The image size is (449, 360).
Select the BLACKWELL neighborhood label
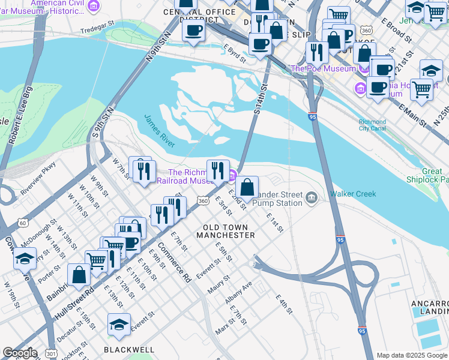[x=129, y=349]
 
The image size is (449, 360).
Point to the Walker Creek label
[x=352, y=194]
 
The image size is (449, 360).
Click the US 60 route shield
[x=23, y=223]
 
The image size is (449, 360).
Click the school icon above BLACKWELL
[x=119, y=325]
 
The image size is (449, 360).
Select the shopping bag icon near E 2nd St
[x=247, y=187]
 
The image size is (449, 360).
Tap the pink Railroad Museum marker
[x=232, y=175]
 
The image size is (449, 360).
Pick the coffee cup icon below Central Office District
[x=193, y=30]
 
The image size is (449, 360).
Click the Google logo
[x=20, y=352]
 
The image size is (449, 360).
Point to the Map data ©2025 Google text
[x=411, y=355]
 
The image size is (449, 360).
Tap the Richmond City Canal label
[x=372, y=125]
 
